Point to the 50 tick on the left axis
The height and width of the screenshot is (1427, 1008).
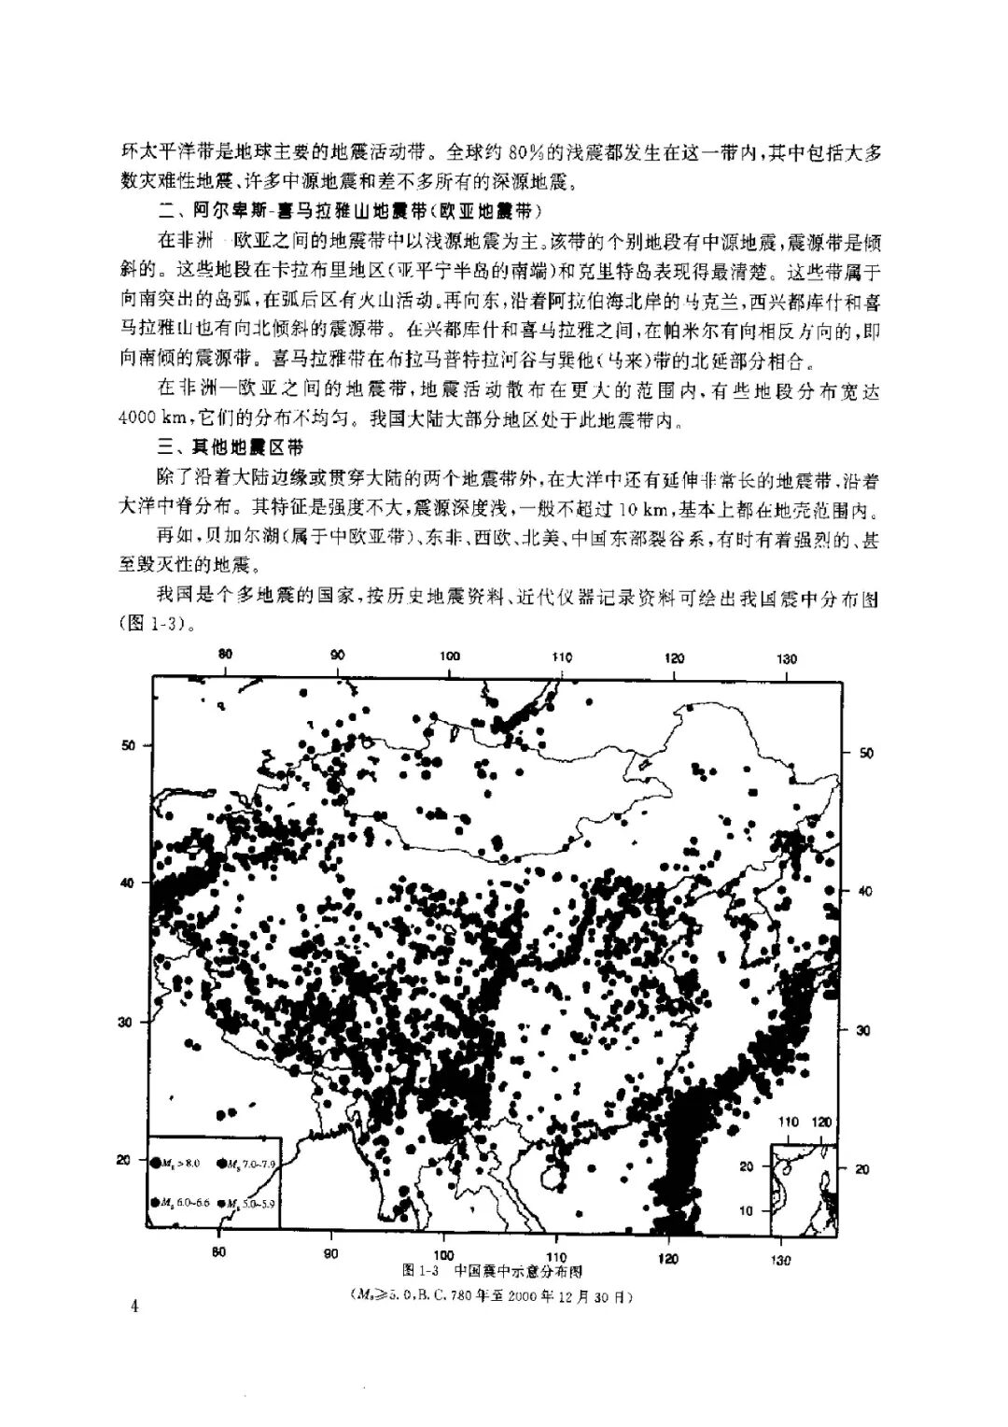[130, 744]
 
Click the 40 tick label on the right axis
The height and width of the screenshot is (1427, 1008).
[862, 891]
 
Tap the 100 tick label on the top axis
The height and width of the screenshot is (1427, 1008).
[450, 657]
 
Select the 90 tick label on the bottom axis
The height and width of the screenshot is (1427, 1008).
[331, 1253]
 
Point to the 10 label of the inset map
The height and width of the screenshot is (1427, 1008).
[747, 1210]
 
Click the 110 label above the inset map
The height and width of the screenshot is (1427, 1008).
[789, 1121]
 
